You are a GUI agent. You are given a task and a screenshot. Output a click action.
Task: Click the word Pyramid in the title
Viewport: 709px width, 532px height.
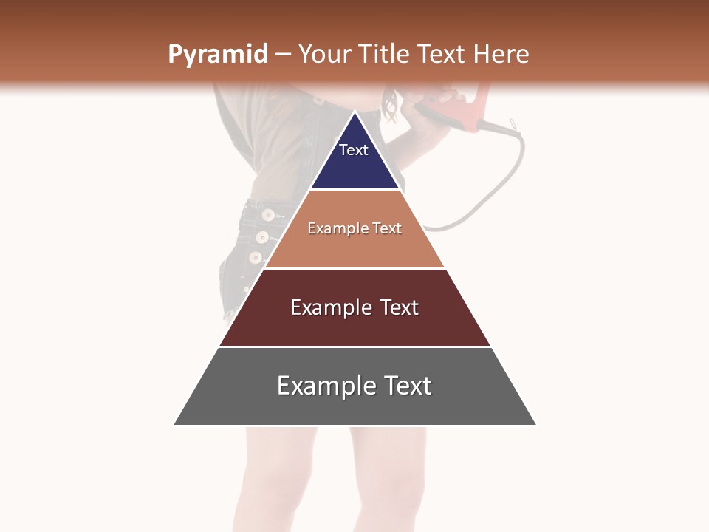[218, 55]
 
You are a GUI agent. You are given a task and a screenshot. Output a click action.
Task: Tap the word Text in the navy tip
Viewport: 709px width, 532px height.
[354, 150]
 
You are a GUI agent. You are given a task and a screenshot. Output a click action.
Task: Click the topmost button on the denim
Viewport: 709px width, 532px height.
[268, 215]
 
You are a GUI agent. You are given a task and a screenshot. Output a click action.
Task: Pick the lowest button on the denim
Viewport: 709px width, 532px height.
[256, 258]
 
